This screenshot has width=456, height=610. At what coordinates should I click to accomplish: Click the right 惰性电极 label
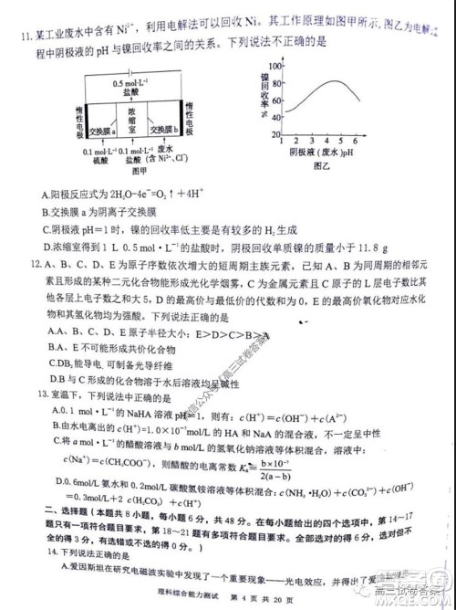tap(189, 122)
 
